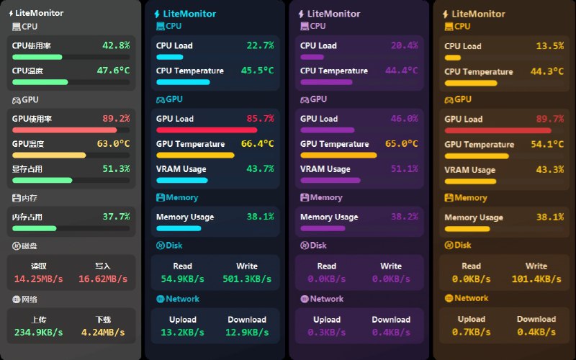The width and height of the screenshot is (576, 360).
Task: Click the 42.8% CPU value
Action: click(x=116, y=45)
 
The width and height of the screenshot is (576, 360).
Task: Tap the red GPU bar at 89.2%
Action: click(x=64, y=130)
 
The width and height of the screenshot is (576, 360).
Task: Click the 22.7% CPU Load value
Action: click(x=260, y=45)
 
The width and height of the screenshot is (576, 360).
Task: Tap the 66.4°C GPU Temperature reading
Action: click(x=257, y=144)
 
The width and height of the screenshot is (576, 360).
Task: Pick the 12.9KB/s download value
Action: click(x=247, y=332)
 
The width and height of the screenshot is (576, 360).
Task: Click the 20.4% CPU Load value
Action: click(x=404, y=45)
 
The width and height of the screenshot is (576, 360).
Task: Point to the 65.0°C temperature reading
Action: click(x=401, y=144)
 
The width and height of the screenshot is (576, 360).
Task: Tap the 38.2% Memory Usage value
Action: click(x=404, y=217)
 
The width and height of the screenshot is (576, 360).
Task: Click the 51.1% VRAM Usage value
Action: click(x=404, y=169)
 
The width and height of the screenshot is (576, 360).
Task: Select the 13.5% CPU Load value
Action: click(x=549, y=46)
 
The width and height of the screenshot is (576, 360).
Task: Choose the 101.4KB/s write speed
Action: click(x=536, y=279)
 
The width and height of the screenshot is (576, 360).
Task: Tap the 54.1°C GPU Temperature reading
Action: click(x=546, y=144)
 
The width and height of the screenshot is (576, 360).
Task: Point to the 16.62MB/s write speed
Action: click(x=103, y=279)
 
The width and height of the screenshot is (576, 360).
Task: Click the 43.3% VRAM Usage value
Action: click(x=549, y=170)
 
